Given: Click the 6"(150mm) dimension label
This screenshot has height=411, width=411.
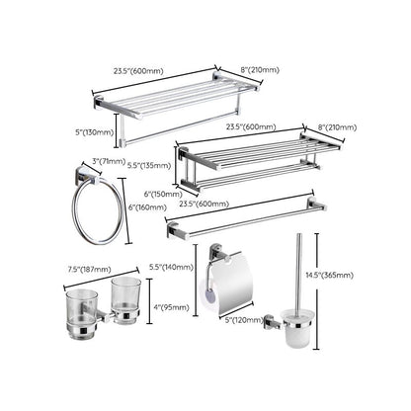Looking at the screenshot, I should coord(163,195).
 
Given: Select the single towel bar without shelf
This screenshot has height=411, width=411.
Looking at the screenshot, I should coord(247,218).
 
